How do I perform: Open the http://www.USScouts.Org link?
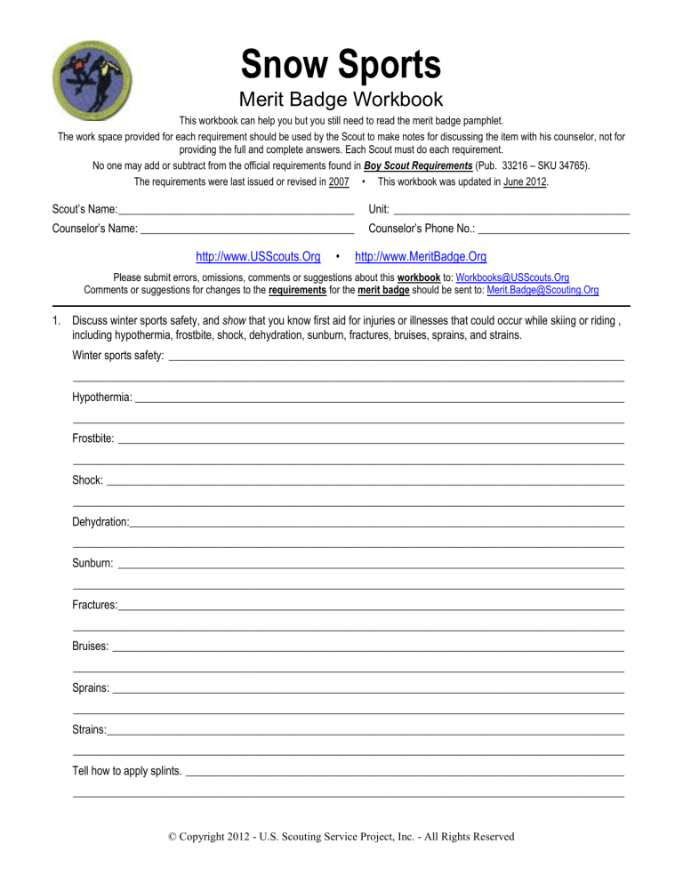tap(258, 257)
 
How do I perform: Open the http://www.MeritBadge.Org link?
tap(421, 257)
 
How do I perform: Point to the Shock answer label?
tap(87, 480)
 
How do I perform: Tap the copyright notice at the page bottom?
tap(341, 837)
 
